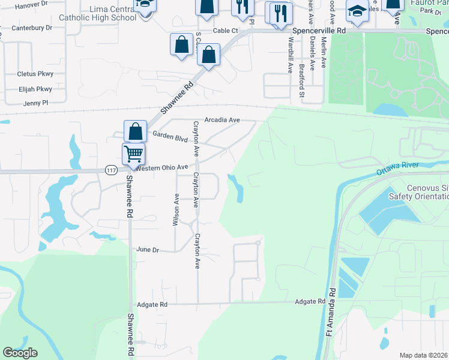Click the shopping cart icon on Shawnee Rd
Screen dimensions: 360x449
pos(133,153)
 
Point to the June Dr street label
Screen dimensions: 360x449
pos(148,250)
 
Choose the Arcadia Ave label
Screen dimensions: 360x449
pos(222,120)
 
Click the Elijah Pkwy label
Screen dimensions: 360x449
pos(35,89)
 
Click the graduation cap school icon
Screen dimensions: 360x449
pos(357,11)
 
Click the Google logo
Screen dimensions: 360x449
pos(20,353)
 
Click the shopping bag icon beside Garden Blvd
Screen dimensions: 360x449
pos(136,131)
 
